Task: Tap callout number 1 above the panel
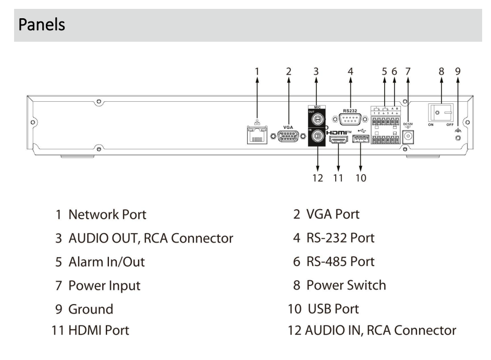point(256,71)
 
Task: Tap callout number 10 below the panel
point(360,178)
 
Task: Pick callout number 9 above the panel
point(458,71)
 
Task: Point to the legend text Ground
point(91,309)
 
